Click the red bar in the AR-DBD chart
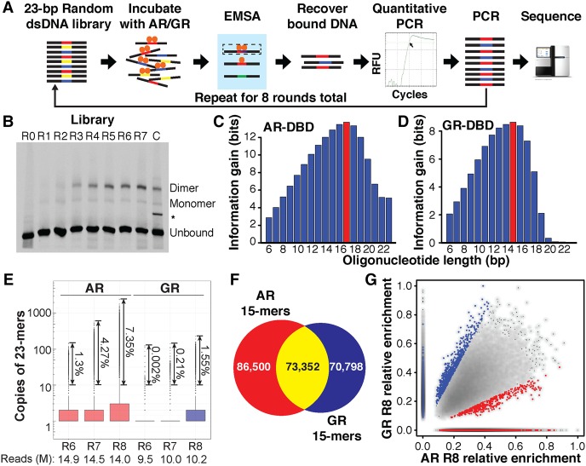coord(347,182)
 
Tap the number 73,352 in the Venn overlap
coord(302,366)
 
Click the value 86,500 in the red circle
coord(253,366)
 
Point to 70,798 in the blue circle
coord(346,366)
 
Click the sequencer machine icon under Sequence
coord(552,62)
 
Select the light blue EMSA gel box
coord(242,61)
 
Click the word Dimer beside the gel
coord(184,187)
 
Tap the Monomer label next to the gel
coord(192,204)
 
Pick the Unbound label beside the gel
coord(192,233)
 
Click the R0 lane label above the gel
coord(28,136)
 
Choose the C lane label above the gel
coord(156,136)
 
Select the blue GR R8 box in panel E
coord(196,415)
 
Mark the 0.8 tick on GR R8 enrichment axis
coord(405,314)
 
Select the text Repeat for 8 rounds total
coord(271,98)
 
